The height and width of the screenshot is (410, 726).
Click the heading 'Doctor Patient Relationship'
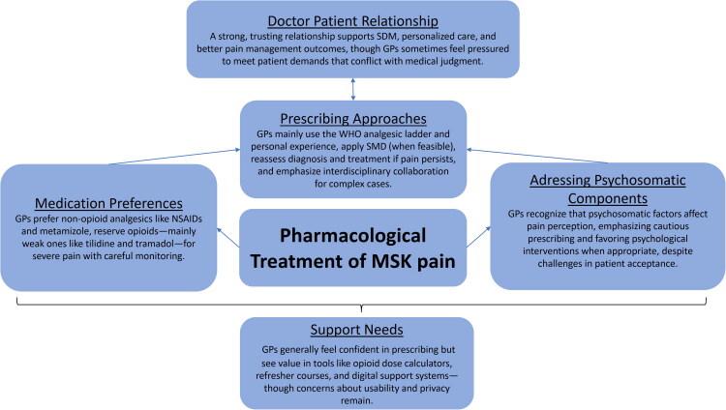(x=355, y=20)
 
